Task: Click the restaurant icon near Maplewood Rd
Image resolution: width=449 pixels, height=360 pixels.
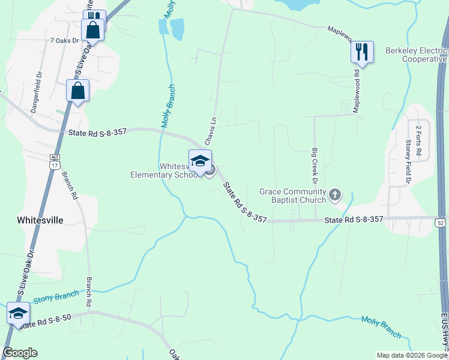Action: coord(362,51)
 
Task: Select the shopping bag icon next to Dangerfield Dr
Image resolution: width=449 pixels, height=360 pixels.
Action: coord(77,91)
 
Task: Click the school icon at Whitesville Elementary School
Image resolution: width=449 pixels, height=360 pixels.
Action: coord(200,161)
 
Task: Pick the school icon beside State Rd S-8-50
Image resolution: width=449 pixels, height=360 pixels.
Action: coord(18,313)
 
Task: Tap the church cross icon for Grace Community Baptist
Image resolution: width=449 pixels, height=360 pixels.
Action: coord(335,194)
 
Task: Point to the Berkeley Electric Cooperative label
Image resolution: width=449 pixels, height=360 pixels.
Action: coord(415,55)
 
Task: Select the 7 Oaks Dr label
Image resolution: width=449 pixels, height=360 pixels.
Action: coord(65,41)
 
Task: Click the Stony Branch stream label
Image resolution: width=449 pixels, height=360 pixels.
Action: coord(56,296)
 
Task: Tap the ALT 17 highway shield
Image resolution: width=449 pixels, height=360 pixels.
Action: coord(54,159)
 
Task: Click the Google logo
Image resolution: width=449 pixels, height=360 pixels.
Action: coord(20,353)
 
